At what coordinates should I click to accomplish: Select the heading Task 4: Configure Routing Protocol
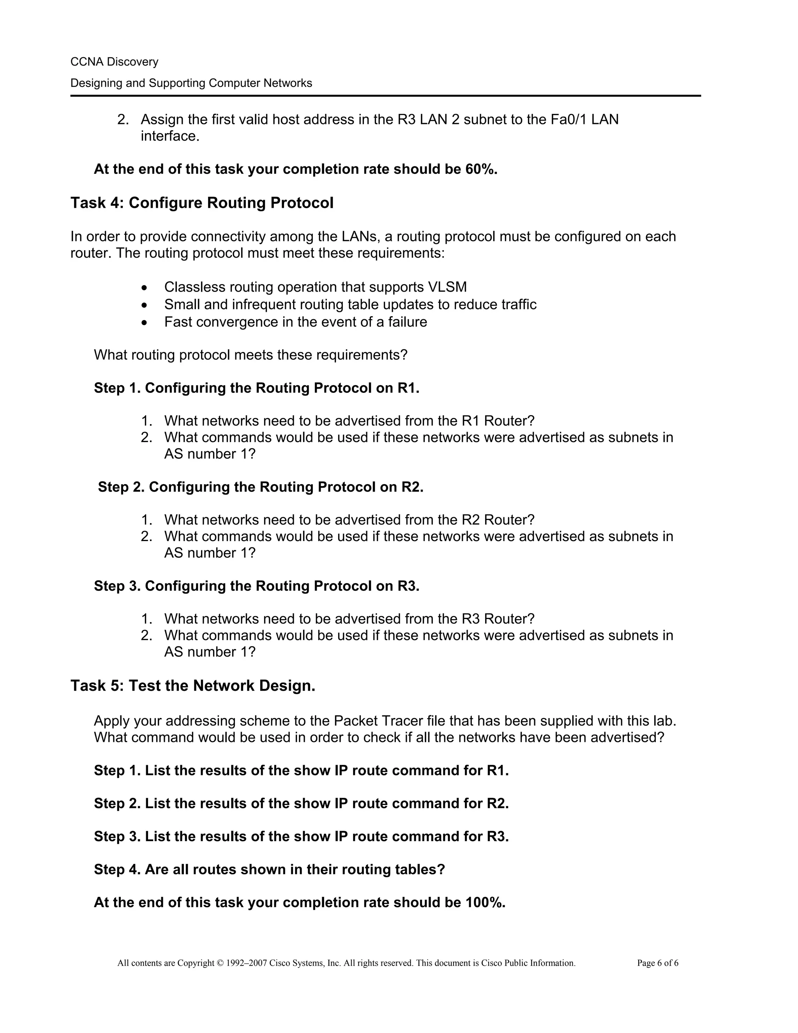tap(202, 203)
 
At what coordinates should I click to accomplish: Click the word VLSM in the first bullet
tap(447, 287)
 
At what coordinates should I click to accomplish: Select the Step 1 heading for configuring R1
tap(256, 388)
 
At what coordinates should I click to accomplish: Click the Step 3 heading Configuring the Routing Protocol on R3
tap(256, 586)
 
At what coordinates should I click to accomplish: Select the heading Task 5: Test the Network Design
tap(193, 686)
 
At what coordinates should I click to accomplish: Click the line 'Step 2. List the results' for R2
tap(301, 804)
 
